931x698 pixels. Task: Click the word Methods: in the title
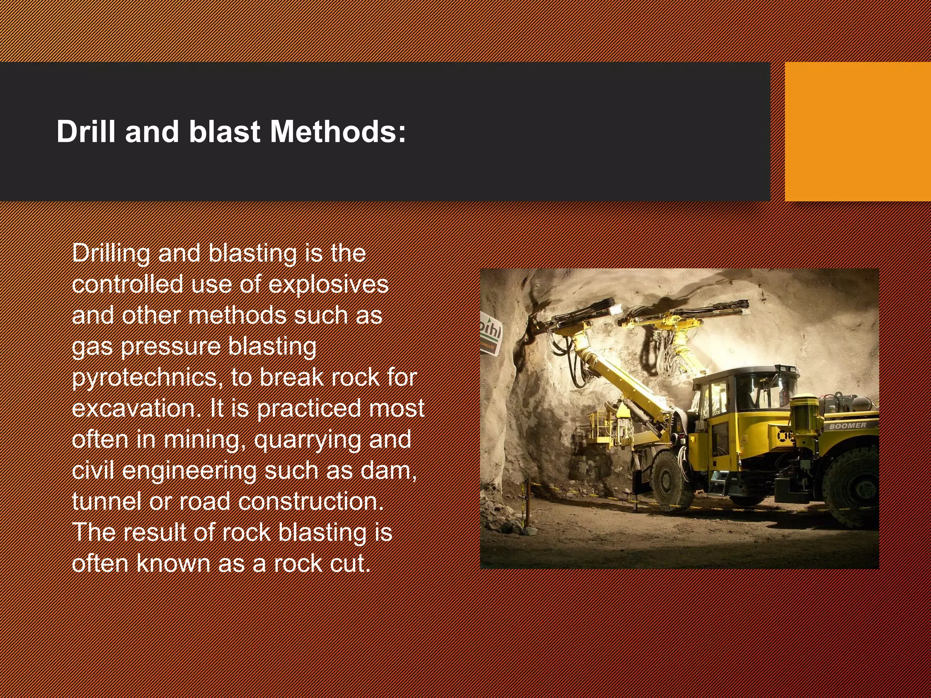(337, 132)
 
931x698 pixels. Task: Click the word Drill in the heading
(86, 132)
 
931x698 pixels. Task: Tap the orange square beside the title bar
(857, 132)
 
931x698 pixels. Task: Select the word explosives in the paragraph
(328, 284)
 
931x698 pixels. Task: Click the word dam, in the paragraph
(389, 470)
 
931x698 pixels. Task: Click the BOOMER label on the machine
(847, 426)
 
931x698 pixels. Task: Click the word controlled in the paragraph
(127, 284)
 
